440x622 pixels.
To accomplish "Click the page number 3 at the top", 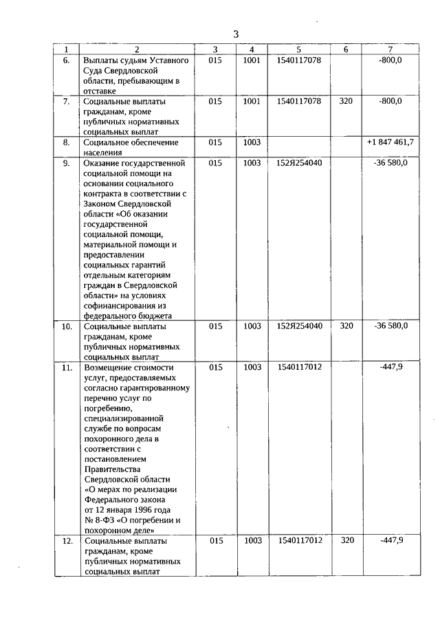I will tap(236, 34).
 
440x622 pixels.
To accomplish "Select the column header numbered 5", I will tap(298, 49).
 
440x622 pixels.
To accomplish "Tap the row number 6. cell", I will tap(67, 60).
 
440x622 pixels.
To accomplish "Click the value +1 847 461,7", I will tap(390, 142).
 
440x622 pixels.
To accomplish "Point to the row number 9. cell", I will tap(67, 164).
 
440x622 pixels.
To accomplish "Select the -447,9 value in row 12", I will tap(391, 540).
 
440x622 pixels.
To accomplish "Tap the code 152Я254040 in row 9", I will tap(299, 163).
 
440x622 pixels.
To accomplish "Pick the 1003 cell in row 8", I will tap(252, 142).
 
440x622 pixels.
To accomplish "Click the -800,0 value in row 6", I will tap(390, 60).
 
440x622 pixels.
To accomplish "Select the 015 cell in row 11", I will tap(216, 367).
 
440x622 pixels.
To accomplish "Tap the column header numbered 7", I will tap(390, 49).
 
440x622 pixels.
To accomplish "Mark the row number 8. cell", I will tap(67, 142).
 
